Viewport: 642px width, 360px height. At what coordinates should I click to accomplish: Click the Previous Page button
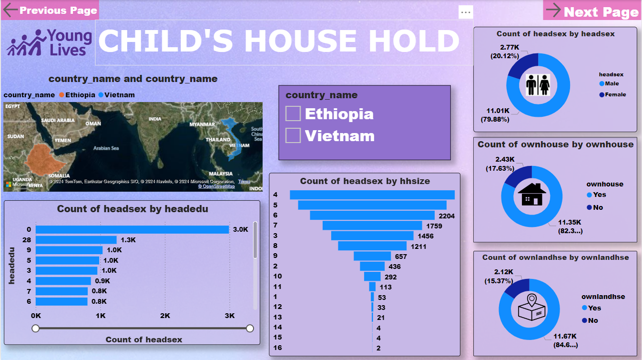(x=50, y=10)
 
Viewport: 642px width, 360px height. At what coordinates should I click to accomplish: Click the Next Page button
(x=592, y=11)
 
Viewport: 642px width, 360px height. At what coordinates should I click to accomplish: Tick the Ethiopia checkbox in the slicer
(x=293, y=113)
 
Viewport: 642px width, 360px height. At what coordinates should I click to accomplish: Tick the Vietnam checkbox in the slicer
(x=293, y=135)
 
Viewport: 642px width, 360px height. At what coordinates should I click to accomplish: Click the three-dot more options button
(x=466, y=12)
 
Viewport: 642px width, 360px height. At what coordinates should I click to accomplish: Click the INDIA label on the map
(x=155, y=119)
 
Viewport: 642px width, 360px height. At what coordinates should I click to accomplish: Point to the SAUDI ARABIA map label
(x=58, y=120)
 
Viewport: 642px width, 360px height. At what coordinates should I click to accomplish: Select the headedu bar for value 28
(x=76, y=240)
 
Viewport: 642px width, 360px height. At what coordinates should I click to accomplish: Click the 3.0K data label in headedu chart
(x=241, y=229)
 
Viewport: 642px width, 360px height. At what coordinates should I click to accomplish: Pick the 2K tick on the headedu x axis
(x=165, y=316)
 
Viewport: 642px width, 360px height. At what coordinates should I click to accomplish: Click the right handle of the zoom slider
(x=250, y=329)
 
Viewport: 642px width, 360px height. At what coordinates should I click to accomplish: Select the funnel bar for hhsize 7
(x=372, y=226)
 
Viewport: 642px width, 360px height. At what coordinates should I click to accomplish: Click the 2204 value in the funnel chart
(x=447, y=216)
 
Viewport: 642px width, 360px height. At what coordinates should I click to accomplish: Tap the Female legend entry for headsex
(x=613, y=94)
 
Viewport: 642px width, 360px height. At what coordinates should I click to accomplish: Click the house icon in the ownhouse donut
(x=531, y=195)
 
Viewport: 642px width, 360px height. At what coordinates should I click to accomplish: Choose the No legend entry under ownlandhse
(x=590, y=320)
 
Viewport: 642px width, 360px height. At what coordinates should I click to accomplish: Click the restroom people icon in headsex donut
(x=538, y=85)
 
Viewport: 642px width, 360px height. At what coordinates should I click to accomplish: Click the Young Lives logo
(x=49, y=42)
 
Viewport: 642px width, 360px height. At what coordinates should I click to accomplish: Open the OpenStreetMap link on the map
(x=216, y=186)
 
